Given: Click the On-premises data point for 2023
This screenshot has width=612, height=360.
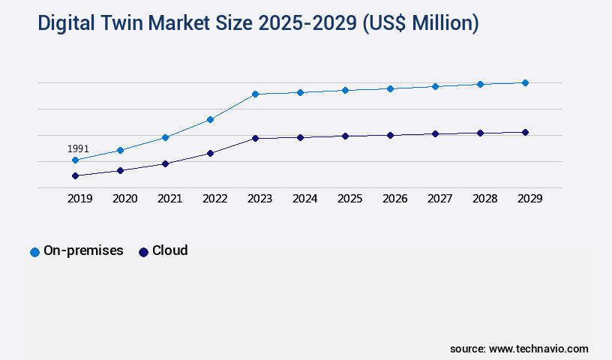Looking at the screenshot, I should pos(255,94).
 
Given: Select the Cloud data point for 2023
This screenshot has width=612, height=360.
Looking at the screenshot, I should pos(255,138).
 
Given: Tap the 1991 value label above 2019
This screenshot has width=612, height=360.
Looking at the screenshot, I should pos(78,148).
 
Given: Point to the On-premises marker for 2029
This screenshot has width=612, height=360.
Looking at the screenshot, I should pos(525,82).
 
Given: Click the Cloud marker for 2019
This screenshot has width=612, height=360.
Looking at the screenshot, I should pos(75,175).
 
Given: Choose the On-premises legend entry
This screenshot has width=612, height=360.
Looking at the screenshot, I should pos(76,251).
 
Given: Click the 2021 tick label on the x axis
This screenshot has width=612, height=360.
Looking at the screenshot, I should pos(169,199).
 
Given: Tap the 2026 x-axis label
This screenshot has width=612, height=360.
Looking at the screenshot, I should pos(394,199).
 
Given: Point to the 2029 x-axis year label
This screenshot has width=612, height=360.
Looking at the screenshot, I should pos(529,199).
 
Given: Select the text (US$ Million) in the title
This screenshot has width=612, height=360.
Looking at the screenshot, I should pos(420,24).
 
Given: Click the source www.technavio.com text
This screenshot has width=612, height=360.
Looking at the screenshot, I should pos(519,349).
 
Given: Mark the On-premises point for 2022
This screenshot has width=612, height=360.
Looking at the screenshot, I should pos(210,119).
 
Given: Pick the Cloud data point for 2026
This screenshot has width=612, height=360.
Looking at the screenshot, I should pos(390,135).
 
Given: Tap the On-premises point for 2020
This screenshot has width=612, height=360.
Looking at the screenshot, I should pos(120,150).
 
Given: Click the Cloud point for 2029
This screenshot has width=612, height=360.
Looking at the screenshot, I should pos(525,132).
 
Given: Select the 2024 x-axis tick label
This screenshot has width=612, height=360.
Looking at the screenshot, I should pos(304,199).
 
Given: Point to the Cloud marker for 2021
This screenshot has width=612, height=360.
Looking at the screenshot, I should pos(165,163).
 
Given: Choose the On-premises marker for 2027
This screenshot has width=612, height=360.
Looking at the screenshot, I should pos(435,86).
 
